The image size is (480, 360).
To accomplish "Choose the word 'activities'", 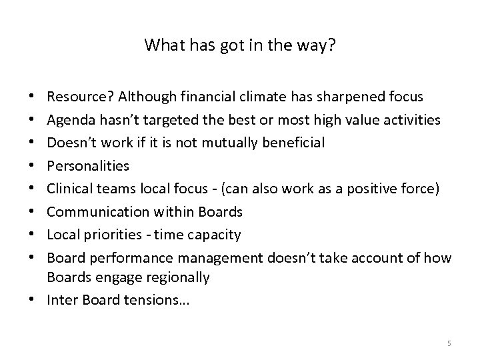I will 411,119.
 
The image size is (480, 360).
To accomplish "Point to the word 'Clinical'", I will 69,189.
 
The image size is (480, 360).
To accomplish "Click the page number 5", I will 449,343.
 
